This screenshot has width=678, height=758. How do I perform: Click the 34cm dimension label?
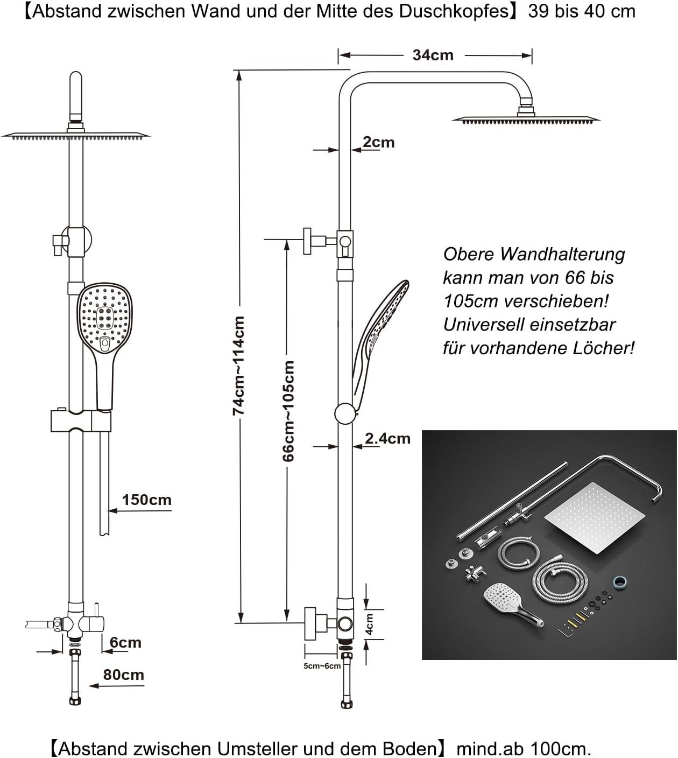pos(433,55)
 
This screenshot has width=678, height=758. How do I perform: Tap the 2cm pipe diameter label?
pos(378,143)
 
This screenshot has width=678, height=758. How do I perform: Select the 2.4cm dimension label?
pos(387,439)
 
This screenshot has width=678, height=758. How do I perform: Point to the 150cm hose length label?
pos(146,500)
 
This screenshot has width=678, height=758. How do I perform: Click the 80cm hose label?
pos(123,675)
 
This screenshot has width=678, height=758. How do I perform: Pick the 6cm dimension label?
pos(125,642)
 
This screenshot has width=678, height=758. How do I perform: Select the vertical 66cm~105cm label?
pos(289,411)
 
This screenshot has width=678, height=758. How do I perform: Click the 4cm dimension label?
pos(370,623)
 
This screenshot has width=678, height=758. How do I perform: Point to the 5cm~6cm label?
pos(322,666)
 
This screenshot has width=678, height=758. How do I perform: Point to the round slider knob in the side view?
pos(345,414)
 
